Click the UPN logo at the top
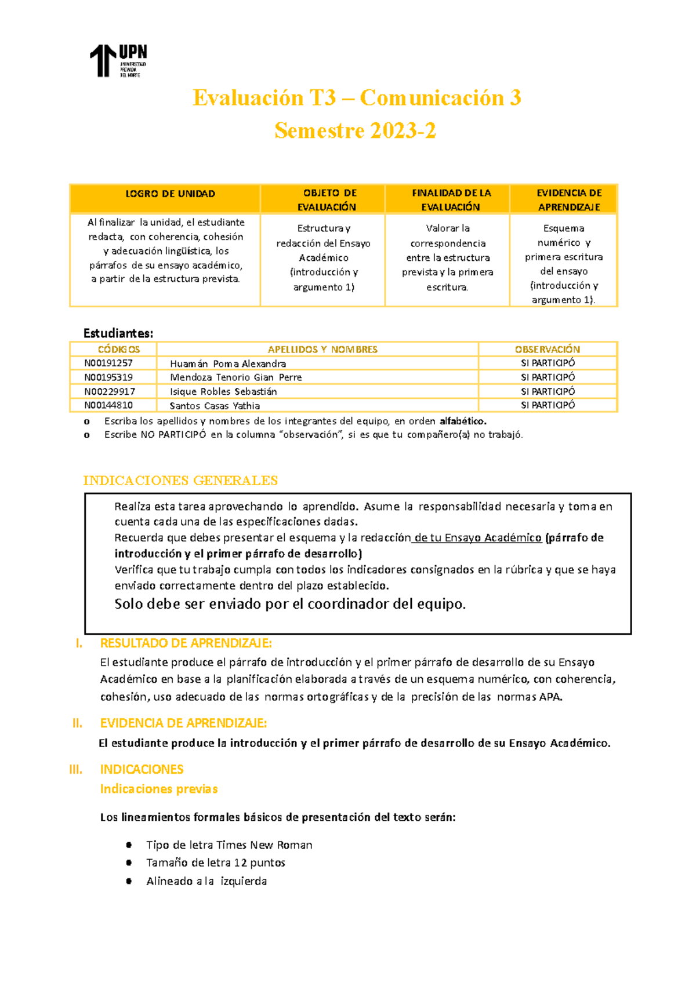click(x=118, y=60)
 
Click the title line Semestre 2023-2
click(x=355, y=131)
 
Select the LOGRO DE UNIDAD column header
click(x=170, y=194)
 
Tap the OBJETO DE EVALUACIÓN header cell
click(x=328, y=200)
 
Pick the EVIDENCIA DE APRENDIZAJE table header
click(x=568, y=200)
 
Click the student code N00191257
click(x=108, y=363)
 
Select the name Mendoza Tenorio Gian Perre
click(x=235, y=377)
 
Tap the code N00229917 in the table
click(x=110, y=392)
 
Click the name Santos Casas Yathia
click(x=215, y=406)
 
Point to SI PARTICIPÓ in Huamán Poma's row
click(x=548, y=363)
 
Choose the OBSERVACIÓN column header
click(x=547, y=350)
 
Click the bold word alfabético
click(x=462, y=421)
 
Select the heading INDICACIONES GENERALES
click(x=180, y=481)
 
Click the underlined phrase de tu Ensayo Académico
click(x=478, y=538)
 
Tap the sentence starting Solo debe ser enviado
click(x=290, y=604)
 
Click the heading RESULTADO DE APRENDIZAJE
click(x=186, y=643)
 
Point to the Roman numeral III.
click(x=75, y=770)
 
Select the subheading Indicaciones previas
click(x=159, y=789)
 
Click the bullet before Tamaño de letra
click(x=129, y=863)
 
